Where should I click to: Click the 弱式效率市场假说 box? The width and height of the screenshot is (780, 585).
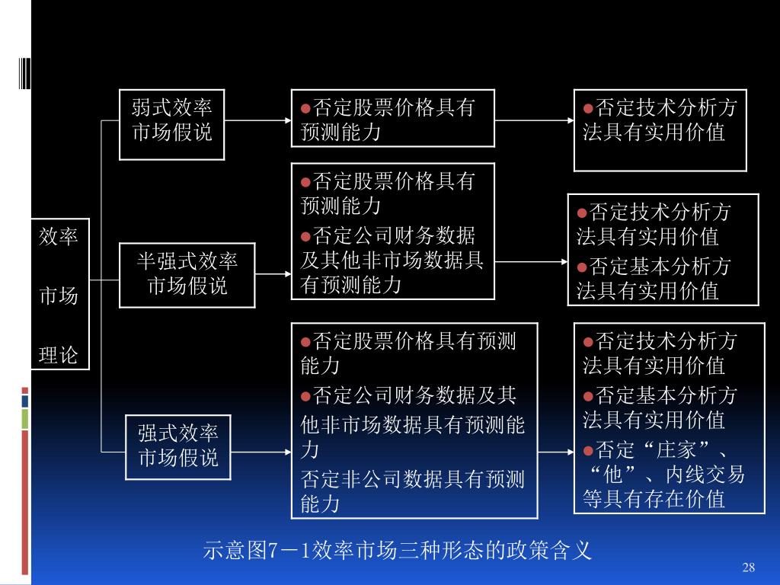(x=171, y=124)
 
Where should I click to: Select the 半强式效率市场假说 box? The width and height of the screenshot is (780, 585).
(x=187, y=274)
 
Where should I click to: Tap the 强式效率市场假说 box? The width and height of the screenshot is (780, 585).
(x=177, y=446)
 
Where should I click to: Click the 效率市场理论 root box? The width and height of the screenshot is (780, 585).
(x=59, y=295)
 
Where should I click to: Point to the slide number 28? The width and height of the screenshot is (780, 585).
(x=748, y=567)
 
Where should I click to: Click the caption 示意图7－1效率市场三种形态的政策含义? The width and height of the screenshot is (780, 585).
(x=398, y=550)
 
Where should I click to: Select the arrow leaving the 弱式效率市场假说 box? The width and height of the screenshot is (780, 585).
(x=257, y=120)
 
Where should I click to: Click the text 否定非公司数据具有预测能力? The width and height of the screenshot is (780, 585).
(x=412, y=491)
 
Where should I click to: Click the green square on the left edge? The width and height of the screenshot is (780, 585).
(x=25, y=418)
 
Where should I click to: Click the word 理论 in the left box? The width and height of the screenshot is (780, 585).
(x=59, y=354)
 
